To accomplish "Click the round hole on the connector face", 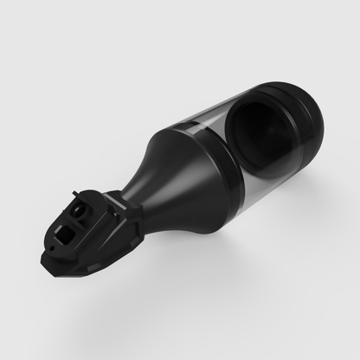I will [x=81, y=210].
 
